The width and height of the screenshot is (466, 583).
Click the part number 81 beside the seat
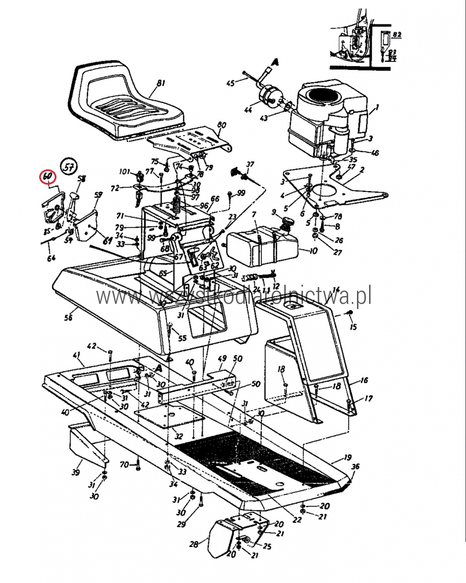[x=161, y=84]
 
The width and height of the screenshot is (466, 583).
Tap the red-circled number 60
[x=48, y=177]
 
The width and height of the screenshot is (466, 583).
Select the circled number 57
[x=69, y=167]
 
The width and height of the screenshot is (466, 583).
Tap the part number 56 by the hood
[x=69, y=317]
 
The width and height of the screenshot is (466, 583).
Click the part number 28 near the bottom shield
[x=194, y=544]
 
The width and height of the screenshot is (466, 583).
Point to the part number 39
[x=76, y=473]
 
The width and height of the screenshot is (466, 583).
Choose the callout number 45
[x=230, y=83]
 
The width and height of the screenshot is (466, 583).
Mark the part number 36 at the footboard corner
[x=356, y=466]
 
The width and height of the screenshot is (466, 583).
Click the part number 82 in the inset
[x=397, y=34]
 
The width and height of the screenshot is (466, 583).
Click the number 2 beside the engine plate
[x=362, y=169]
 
